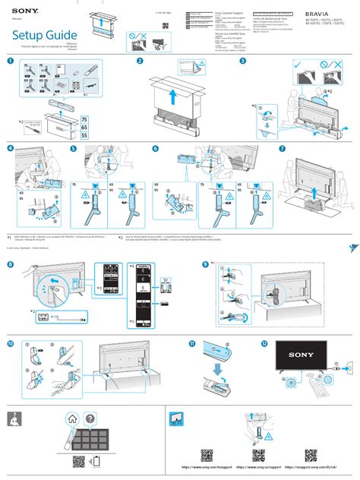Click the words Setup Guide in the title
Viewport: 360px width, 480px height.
coord(44,36)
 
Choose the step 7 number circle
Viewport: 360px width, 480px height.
coord(282,149)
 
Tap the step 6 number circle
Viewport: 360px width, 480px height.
coord(155,149)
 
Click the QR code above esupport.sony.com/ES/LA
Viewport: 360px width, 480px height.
coord(311,455)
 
